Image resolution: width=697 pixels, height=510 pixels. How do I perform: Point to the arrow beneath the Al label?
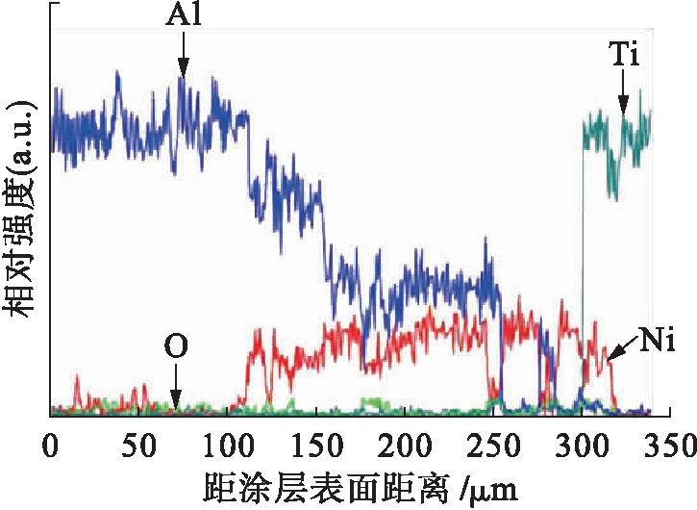click(x=182, y=67)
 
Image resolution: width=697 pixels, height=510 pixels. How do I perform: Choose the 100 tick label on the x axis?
click(x=228, y=445)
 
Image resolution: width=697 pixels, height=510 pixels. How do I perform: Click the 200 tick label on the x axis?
click(x=405, y=445)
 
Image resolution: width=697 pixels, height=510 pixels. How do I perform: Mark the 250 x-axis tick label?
click(x=493, y=445)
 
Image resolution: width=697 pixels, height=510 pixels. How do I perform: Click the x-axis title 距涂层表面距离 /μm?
click(x=361, y=488)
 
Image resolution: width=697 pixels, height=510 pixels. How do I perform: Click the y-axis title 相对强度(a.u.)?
click(x=21, y=208)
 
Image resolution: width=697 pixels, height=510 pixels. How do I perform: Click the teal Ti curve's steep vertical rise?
click(x=583, y=241)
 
